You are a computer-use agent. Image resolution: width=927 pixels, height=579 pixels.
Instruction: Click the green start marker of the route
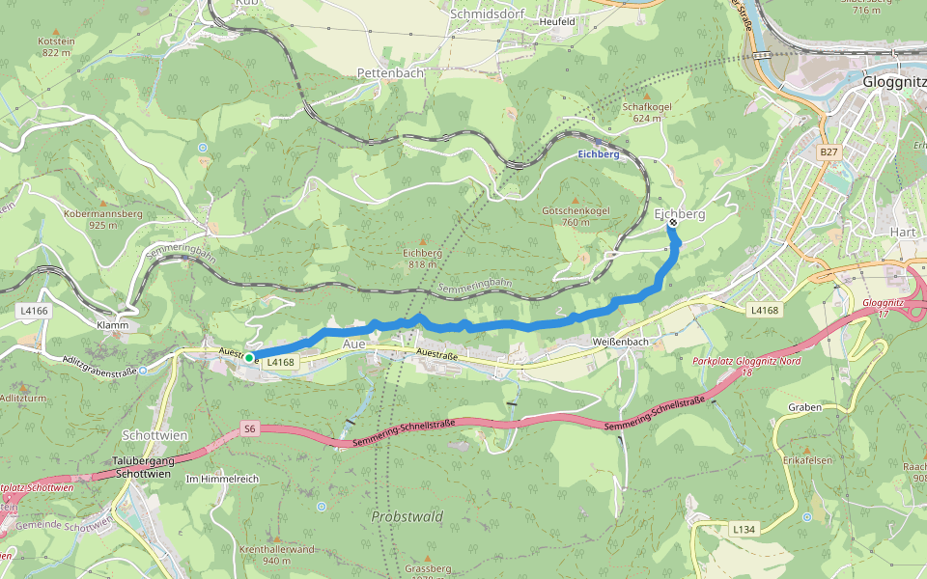[x=249, y=358]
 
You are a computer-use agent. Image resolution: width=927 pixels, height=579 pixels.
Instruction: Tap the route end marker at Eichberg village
[x=673, y=224]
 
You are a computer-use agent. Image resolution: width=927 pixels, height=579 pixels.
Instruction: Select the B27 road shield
[x=829, y=152]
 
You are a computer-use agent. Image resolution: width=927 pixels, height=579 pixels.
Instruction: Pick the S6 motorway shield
[x=250, y=427]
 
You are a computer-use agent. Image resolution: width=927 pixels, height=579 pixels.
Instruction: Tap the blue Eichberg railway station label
[x=598, y=154]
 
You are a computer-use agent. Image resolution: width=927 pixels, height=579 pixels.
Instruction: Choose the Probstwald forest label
[x=407, y=517]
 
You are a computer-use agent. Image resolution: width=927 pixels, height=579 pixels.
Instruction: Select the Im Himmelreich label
[x=222, y=479]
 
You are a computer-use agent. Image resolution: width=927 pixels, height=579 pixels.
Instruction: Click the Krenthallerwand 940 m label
[x=276, y=555]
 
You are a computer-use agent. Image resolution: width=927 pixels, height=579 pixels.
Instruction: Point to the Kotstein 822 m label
[x=57, y=47]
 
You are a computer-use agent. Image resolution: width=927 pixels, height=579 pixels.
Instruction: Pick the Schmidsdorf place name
[x=485, y=14]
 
